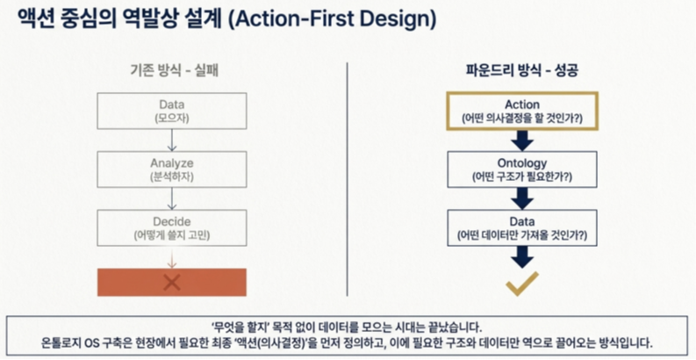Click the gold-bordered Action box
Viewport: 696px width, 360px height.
(522, 111)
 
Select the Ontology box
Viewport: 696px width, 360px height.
(522, 169)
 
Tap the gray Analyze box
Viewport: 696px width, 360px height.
(172, 169)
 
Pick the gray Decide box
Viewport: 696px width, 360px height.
(172, 227)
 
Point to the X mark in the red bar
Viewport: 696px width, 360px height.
(172, 283)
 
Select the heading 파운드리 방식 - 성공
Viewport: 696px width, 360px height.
(522, 71)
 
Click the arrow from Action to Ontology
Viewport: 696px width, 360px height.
(522, 140)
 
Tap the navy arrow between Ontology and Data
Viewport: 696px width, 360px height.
(522, 198)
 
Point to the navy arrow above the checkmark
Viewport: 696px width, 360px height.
(522, 257)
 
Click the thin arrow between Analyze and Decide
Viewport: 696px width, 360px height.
(172, 198)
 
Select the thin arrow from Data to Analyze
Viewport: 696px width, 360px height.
(172, 140)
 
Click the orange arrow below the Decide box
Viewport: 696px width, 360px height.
(172, 257)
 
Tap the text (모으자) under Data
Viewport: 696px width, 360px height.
(172, 119)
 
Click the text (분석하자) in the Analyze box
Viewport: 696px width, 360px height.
(172, 176)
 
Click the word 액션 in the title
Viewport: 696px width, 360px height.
(36, 19)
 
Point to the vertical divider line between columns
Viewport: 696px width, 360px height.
(347, 179)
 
